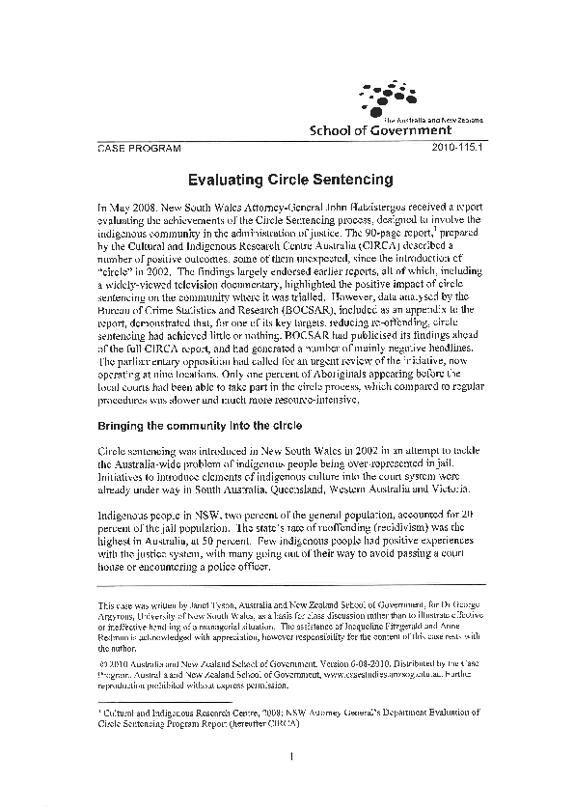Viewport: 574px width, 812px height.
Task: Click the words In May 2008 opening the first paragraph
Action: tap(124, 207)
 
